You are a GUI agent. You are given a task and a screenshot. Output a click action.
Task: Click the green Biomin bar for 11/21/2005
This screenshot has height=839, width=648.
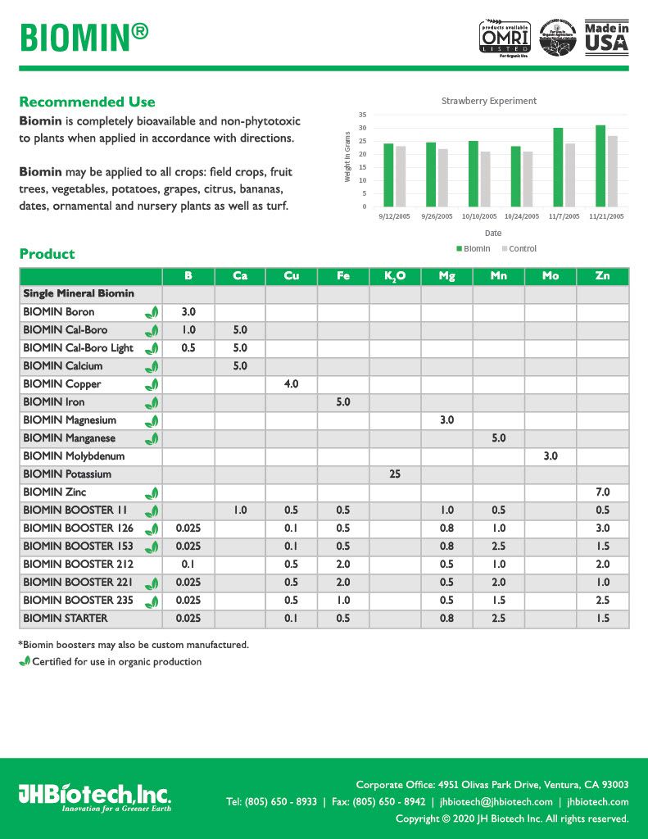click(600, 166)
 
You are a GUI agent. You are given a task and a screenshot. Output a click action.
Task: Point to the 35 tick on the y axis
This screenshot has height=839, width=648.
click(363, 115)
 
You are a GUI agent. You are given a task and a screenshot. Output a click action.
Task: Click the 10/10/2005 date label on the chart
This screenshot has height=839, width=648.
click(478, 216)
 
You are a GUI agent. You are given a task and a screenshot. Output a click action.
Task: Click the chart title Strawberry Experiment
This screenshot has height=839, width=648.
click(489, 101)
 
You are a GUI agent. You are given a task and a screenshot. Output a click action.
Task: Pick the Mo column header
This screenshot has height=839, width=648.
click(551, 276)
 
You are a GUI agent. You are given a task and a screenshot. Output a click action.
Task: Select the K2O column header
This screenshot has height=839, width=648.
click(395, 276)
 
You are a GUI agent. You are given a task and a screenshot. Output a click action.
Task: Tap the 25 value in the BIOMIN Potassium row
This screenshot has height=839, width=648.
click(395, 474)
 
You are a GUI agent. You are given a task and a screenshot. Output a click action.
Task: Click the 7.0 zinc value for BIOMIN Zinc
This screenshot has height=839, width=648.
click(603, 492)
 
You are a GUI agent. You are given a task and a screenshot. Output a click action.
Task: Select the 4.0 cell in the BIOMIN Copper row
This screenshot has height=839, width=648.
click(291, 384)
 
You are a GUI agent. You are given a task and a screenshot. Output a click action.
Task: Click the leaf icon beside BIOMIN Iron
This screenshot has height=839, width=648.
click(152, 402)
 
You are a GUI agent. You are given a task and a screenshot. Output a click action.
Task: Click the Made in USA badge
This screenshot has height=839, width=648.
click(606, 38)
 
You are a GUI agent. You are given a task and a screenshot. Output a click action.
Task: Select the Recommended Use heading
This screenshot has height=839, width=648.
click(87, 102)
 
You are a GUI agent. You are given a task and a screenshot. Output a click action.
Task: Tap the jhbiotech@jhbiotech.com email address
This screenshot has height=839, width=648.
click(496, 802)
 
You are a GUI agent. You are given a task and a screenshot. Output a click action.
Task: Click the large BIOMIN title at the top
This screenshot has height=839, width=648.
click(84, 37)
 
